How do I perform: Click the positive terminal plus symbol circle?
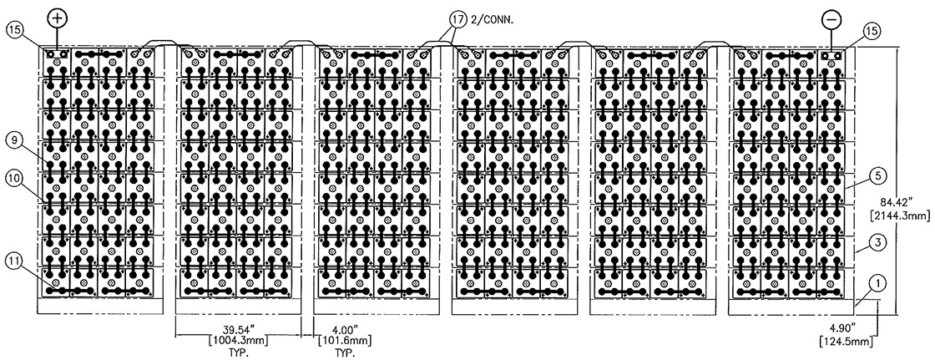coord(57,17)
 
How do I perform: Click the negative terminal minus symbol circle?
coord(832,18)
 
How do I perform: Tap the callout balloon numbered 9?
coord(16,142)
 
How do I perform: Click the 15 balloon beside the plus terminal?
coord(17,31)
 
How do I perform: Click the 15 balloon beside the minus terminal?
coord(872,31)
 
